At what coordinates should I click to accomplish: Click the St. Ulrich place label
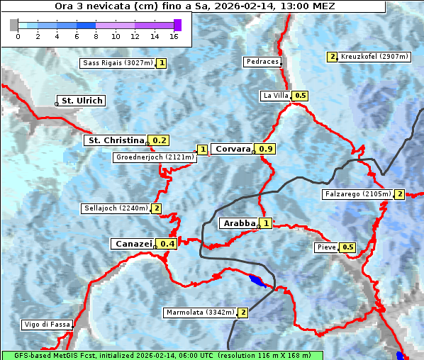[x=82, y=101]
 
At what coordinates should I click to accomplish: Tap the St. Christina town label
[x=115, y=140]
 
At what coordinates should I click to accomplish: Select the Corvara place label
[x=233, y=149]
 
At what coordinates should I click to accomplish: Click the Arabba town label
[x=238, y=223]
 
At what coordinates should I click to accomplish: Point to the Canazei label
[x=133, y=244]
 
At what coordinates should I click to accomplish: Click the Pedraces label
[x=262, y=62]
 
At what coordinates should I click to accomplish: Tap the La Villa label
[x=275, y=96]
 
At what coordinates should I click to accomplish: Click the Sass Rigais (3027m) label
[x=117, y=63]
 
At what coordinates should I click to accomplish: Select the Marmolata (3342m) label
[x=199, y=313]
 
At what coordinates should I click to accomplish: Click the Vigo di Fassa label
[x=47, y=325]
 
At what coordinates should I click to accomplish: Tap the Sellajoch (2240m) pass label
[x=115, y=208]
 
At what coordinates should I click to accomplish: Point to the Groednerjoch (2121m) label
[x=155, y=157]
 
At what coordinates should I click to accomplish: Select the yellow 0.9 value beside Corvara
[x=266, y=149]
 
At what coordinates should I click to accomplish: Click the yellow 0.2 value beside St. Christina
[x=160, y=140]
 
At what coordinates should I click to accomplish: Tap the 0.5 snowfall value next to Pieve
[x=347, y=247]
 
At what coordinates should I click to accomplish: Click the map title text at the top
[x=195, y=6]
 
